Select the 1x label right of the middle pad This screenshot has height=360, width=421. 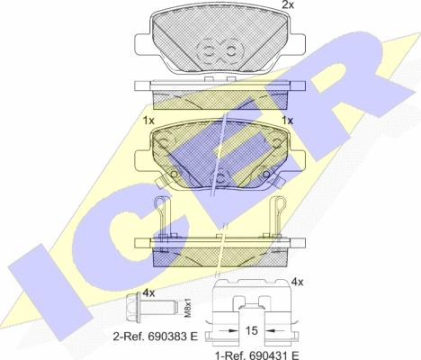(x=288, y=121)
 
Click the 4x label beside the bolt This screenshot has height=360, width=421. (x=148, y=292)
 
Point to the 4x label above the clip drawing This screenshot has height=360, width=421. (x=298, y=283)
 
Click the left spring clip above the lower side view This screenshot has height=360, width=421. (x=161, y=212)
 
